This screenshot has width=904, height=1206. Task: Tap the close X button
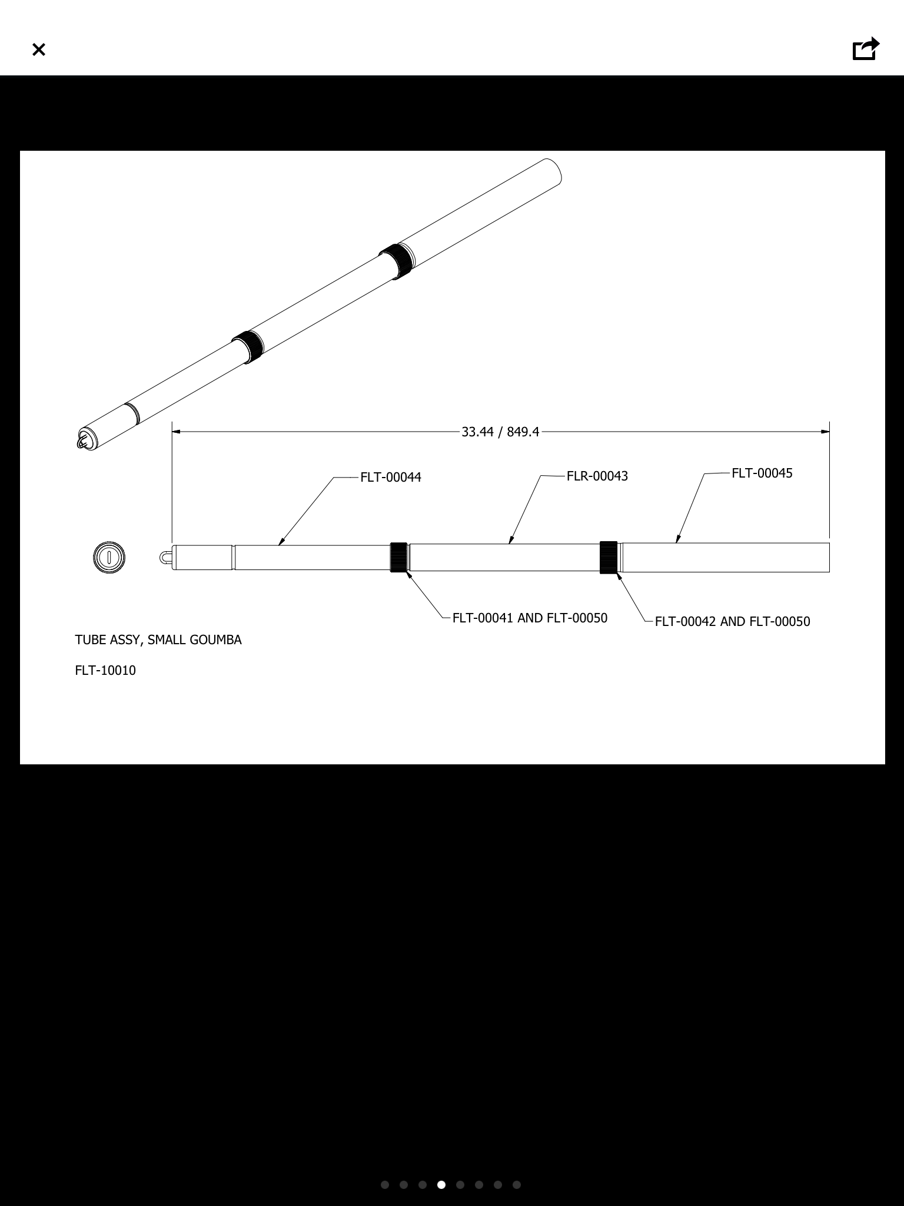[x=39, y=49]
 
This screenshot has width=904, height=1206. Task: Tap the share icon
[x=866, y=49]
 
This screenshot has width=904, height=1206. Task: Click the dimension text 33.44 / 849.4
[x=500, y=432]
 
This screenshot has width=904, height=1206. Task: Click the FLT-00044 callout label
[x=391, y=477]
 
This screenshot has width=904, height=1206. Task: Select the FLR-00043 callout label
[x=597, y=476]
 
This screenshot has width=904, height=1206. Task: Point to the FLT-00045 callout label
[x=762, y=473]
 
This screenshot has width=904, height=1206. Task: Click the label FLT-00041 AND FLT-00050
[x=530, y=618]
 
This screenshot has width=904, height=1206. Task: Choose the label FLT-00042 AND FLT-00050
[x=732, y=621]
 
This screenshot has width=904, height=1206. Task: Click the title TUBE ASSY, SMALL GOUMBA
[x=158, y=640]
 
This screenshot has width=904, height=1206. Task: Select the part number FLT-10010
[x=105, y=670]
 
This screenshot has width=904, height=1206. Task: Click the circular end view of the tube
[x=109, y=557]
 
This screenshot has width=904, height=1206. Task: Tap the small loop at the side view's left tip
[x=165, y=558]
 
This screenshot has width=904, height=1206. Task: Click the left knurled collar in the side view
[x=398, y=557]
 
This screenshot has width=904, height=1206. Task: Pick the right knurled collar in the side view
[x=609, y=557]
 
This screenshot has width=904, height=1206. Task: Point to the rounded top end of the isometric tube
[x=553, y=171]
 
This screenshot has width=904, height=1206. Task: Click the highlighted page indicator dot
[x=441, y=1185]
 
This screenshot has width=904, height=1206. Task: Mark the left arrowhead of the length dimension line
[x=176, y=432]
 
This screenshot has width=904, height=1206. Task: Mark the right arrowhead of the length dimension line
[x=825, y=432]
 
